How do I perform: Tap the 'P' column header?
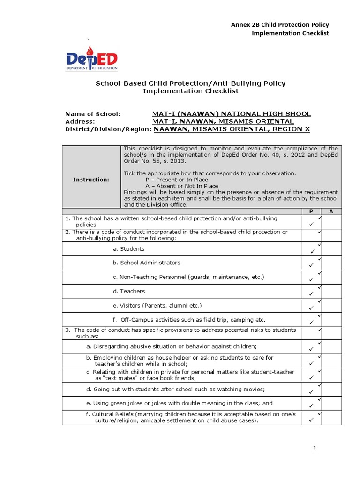pyautogui.click(x=311, y=211)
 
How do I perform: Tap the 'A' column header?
pyautogui.click(x=331, y=211)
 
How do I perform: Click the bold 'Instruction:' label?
pyautogui.click(x=91, y=180)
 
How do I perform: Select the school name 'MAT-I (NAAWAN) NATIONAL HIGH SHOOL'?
pyautogui.click(x=232, y=114)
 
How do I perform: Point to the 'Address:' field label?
pyautogui.click(x=80, y=121)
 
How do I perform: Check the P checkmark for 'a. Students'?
pyautogui.click(x=311, y=252)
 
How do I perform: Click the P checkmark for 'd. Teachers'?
pyautogui.click(x=311, y=294)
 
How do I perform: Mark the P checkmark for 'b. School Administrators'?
pyautogui.click(x=311, y=266)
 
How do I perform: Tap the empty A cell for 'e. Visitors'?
pyautogui.click(x=331, y=306)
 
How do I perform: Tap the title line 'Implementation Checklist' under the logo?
pyautogui.click(x=190, y=91)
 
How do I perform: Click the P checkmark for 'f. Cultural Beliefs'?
pyautogui.click(x=311, y=420)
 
